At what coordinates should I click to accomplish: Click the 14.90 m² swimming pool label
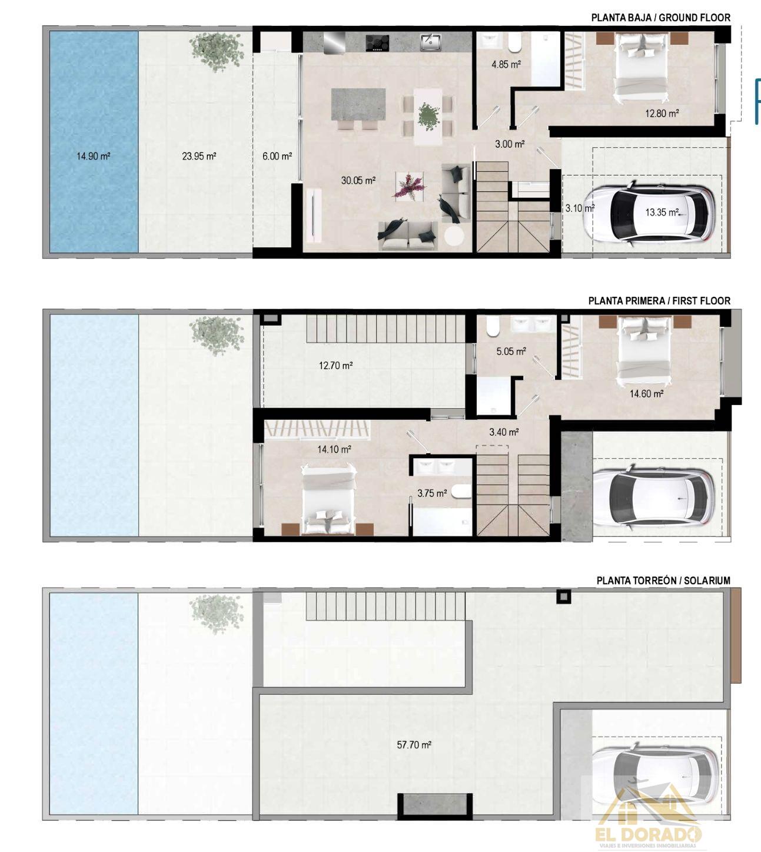tap(94, 156)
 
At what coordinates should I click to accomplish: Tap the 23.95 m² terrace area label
tap(199, 156)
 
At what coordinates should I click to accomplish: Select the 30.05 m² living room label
tap(358, 181)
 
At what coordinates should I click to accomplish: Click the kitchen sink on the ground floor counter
tap(430, 42)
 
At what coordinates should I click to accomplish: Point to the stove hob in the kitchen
tap(377, 43)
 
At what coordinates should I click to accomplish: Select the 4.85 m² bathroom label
tap(506, 65)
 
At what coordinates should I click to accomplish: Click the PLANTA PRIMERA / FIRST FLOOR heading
tap(659, 301)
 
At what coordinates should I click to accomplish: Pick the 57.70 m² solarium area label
tap(414, 745)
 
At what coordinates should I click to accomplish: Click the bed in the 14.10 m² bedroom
tap(329, 499)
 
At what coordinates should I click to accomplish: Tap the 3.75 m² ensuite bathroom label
tap(432, 493)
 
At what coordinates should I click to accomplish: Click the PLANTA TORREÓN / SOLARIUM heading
tap(663, 581)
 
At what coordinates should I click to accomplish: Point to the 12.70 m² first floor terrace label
tap(335, 365)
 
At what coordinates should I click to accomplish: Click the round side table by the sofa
tap(454, 236)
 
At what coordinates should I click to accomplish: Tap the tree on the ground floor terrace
tap(217, 51)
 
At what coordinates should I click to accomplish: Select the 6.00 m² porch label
tap(277, 156)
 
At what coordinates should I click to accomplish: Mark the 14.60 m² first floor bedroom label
tap(646, 394)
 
